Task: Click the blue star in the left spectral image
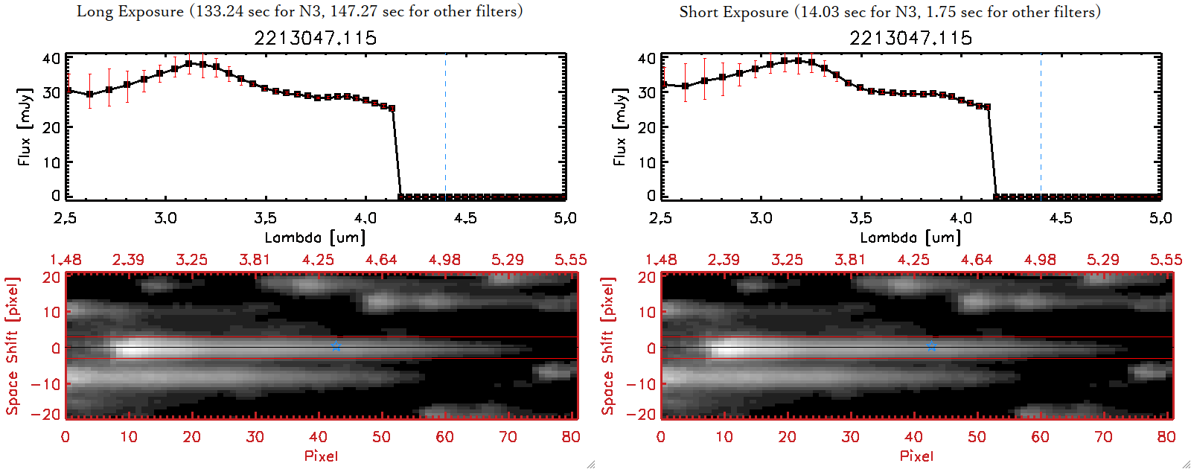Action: coord(336,346)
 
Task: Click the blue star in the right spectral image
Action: coord(931,346)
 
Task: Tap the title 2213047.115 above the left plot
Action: coord(316,38)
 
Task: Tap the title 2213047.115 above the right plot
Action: coord(911,38)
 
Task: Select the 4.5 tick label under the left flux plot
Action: coord(465,218)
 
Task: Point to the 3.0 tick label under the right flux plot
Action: coord(761,218)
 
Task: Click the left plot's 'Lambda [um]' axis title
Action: coord(315,237)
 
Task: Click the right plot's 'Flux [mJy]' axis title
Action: coord(619,127)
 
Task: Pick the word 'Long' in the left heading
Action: coord(93,12)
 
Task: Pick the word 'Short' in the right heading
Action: coord(698,12)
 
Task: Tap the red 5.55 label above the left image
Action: coord(570,260)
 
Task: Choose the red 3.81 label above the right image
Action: coord(850,260)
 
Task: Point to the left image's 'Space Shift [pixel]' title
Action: coord(12,346)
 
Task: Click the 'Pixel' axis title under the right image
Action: coord(916,456)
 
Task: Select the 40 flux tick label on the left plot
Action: coord(51,58)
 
